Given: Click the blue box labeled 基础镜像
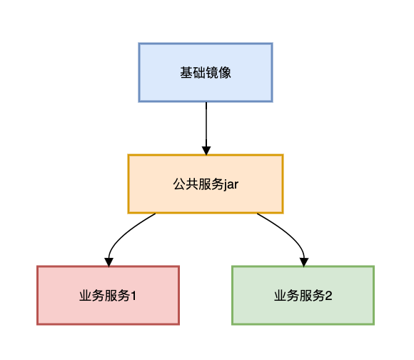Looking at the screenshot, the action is (x=206, y=72).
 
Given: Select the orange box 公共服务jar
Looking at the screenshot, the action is (x=206, y=184).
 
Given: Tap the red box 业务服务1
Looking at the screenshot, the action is (x=108, y=295).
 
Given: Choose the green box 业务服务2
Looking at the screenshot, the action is (x=303, y=295).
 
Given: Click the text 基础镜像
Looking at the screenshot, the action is (x=206, y=73).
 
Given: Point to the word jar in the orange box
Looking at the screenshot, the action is (x=231, y=184).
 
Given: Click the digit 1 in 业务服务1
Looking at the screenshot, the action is (x=133, y=296).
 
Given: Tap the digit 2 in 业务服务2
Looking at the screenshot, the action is (x=329, y=296).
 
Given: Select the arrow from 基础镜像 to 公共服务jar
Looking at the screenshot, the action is (x=206, y=129).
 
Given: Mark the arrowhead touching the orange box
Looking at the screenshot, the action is (x=206, y=151).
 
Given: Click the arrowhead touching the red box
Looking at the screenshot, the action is (x=108, y=262).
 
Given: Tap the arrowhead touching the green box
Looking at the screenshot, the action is (x=304, y=262).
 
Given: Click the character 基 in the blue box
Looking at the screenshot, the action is (x=186, y=73).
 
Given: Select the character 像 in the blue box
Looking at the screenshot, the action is (x=225, y=73).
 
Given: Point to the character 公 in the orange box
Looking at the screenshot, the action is (x=180, y=184).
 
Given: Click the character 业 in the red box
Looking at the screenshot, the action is (x=86, y=296).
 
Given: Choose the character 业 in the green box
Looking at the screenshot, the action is (x=281, y=296).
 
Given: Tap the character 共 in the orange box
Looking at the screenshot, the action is (x=192, y=184).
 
